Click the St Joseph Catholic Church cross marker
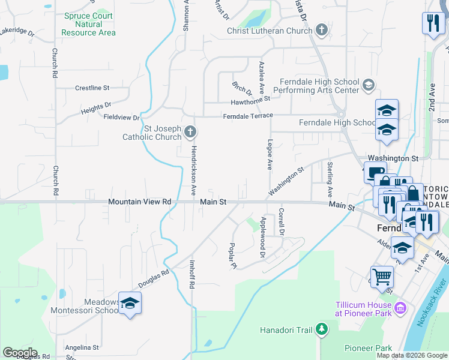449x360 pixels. click(x=190, y=131)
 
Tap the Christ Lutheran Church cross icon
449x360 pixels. click(x=322, y=30)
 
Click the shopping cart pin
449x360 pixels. click(x=382, y=278)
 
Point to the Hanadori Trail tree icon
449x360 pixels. click(x=322, y=329)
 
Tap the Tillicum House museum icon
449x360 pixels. click(x=401, y=309)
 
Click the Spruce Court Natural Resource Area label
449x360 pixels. click(x=88, y=24)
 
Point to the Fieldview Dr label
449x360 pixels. click(x=121, y=117)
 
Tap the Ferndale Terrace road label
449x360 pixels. click(x=248, y=115)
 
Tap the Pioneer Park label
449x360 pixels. click(x=368, y=348)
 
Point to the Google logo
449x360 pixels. click(x=20, y=353)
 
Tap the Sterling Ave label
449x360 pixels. click(x=330, y=179)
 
